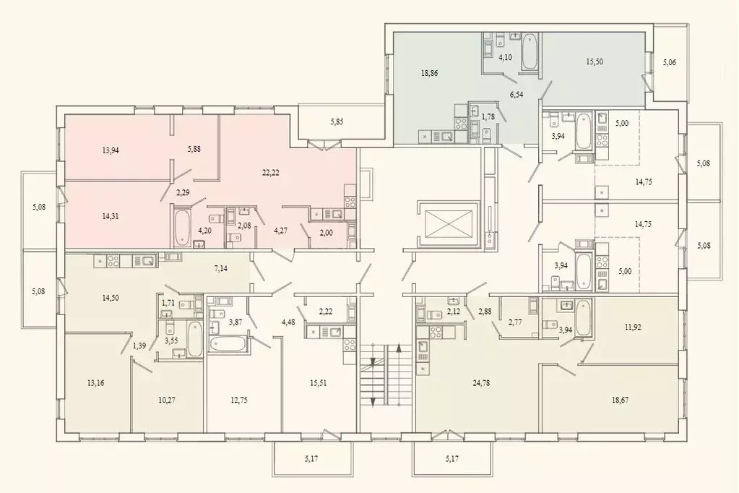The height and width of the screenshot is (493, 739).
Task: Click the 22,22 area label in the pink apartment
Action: click(x=271, y=172)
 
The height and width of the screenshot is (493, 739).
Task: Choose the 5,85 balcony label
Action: click(x=337, y=121)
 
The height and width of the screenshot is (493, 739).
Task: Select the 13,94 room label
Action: click(x=112, y=150)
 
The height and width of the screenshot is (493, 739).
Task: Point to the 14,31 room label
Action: click(x=112, y=214)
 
